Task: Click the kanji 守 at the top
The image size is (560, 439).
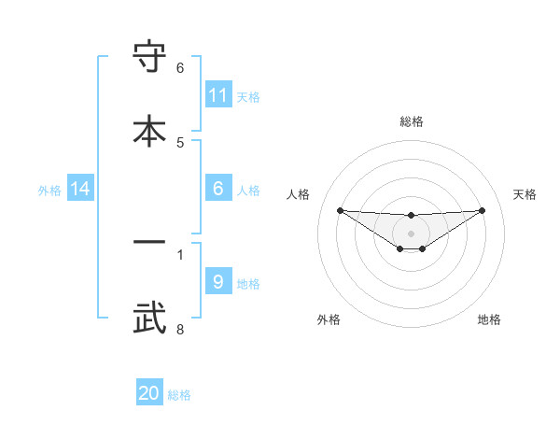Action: tap(150, 59)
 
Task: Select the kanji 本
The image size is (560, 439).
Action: tap(150, 130)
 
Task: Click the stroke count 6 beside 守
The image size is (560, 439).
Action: tap(180, 68)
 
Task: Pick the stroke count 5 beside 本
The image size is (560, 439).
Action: tap(180, 142)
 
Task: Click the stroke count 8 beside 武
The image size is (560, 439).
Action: tap(180, 329)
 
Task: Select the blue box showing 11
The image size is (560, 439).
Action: tap(218, 95)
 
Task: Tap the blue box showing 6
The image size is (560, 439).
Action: tap(218, 189)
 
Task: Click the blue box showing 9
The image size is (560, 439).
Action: tap(218, 282)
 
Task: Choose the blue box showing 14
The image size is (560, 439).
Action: tap(80, 189)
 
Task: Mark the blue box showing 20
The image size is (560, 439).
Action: tap(149, 393)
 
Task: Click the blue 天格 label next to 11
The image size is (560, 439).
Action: tap(248, 96)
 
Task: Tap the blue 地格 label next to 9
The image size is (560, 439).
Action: tap(248, 283)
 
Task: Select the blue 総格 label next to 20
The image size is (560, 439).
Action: tap(179, 394)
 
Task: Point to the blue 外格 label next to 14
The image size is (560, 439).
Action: tap(49, 190)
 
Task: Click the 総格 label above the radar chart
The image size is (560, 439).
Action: tap(412, 121)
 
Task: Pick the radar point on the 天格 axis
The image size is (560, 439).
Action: tap(483, 210)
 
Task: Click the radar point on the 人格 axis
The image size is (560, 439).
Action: tap(340, 210)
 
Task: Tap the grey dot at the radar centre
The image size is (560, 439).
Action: tap(412, 234)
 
